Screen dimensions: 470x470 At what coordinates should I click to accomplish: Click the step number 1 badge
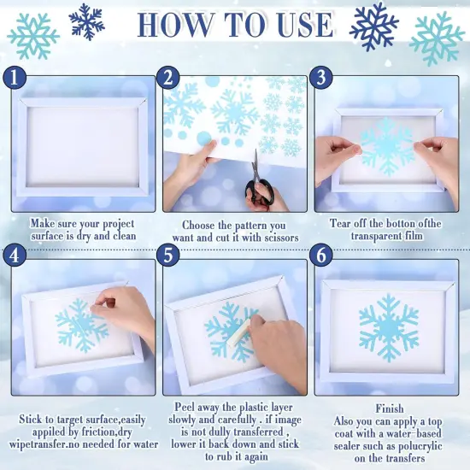pos(15,78)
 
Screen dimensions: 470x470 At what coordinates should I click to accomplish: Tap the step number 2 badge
pos(168,78)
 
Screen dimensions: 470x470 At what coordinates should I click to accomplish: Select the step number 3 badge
pos(321,78)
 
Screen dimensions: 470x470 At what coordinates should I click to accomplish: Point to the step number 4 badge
pos(15,256)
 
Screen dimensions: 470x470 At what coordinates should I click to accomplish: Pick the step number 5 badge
pos(168,256)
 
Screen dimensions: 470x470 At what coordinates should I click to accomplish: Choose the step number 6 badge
pos(321,256)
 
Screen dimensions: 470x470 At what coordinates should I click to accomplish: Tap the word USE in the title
pos(305,25)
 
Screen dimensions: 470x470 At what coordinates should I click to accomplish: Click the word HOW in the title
pos(174,25)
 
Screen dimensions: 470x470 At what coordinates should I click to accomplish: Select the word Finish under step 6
pos(390,408)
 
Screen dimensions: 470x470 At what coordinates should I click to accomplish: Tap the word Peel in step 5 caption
pos(184,407)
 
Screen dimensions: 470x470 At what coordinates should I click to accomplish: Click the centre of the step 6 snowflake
pos(389,328)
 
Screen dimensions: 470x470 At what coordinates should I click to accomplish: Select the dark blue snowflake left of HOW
pos(86,21)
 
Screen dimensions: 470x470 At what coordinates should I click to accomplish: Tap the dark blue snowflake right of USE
pos(373,26)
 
